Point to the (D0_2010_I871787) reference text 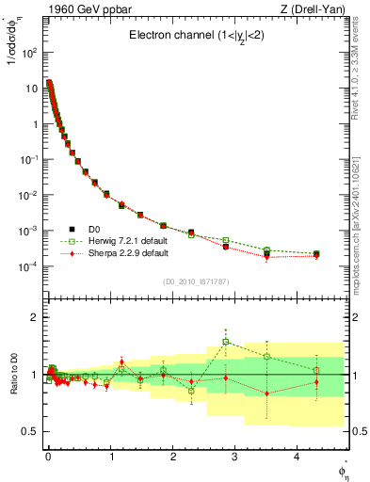click(x=195, y=281)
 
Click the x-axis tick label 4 click(x=297, y=456)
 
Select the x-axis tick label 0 click(x=47, y=456)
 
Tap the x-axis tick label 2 click(x=172, y=456)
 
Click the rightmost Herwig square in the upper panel click(x=316, y=253)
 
